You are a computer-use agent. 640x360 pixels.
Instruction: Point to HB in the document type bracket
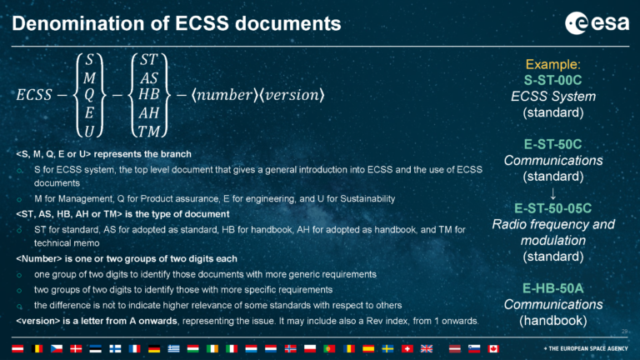149,94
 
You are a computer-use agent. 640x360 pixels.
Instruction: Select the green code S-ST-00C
552,80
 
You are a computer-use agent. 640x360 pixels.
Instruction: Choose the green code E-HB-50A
552,287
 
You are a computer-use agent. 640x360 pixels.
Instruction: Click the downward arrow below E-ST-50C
552,192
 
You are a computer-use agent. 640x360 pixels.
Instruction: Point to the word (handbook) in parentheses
552,319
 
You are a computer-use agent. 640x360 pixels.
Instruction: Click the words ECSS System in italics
552,96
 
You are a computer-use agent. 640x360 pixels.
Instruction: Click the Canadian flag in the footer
493,347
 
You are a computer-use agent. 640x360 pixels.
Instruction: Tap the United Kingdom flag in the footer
427,347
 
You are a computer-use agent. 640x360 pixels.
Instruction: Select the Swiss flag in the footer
407,347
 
